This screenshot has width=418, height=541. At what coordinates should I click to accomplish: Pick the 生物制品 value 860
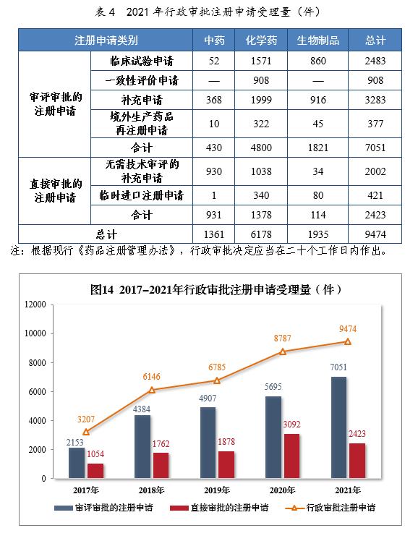(x=317, y=61)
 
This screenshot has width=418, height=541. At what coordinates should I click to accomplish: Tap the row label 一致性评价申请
(x=137, y=80)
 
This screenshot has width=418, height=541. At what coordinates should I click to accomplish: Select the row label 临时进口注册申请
(x=137, y=195)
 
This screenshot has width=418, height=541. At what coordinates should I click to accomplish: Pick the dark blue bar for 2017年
(x=77, y=463)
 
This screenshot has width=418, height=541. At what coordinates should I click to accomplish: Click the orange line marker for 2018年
(x=152, y=390)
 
